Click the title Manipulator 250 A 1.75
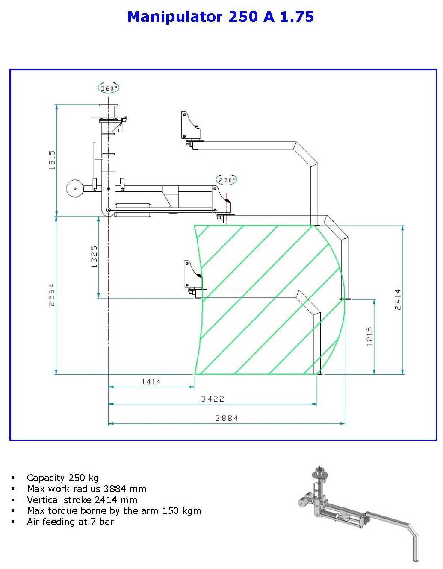[x=221, y=17]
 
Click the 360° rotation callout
[x=108, y=88]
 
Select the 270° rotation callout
[x=226, y=180]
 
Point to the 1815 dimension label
[x=52, y=160]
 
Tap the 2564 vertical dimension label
[x=52, y=294]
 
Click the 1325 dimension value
[x=94, y=256]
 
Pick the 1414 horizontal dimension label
[x=151, y=381]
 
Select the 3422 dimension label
[x=213, y=399]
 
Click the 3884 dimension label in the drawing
[x=227, y=418]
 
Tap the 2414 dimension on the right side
[x=398, y=299]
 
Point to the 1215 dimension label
[x=369, y=336]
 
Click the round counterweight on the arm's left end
[x=74, y=188]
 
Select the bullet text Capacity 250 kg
[x=63, y=478]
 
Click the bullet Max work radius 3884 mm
[x=86, y=489]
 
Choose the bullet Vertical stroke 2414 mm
[x=82, y=500]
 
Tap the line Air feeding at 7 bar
[x=70, y=522]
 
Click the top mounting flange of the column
[x=109, y=106]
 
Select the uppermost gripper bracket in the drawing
[x=189, y=126]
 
